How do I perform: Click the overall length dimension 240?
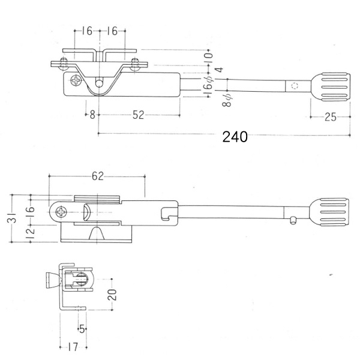click(x=235, y=137)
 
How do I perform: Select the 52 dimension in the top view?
click(x=138, y=115)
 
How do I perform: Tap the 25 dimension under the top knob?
click(x=331, y=117)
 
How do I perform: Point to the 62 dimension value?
click(x=98, y=176)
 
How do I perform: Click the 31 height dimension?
click(x=14, y=218)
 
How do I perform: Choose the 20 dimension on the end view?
click(x=112, y=295)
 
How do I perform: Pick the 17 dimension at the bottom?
click(x=73, y=347)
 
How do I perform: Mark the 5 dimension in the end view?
click(x=82, y=329)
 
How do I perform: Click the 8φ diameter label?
click(x=227, y=101)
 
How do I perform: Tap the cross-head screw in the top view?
click(x=76, y=80)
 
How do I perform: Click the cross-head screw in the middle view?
click(x=62, y=212)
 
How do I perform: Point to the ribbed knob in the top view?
click(x=331, y=87)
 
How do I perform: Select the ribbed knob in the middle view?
click(x=329, y=212)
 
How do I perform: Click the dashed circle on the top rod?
click(x=295, y=86)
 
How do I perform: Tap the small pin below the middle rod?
click(x=293, y=221)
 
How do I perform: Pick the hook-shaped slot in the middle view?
click(x=167, y=214)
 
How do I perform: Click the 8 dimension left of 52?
click(x=92, y=115)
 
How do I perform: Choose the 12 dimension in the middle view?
click(x=31, y=234)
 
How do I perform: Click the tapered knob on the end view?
click(x=53, y=280)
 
